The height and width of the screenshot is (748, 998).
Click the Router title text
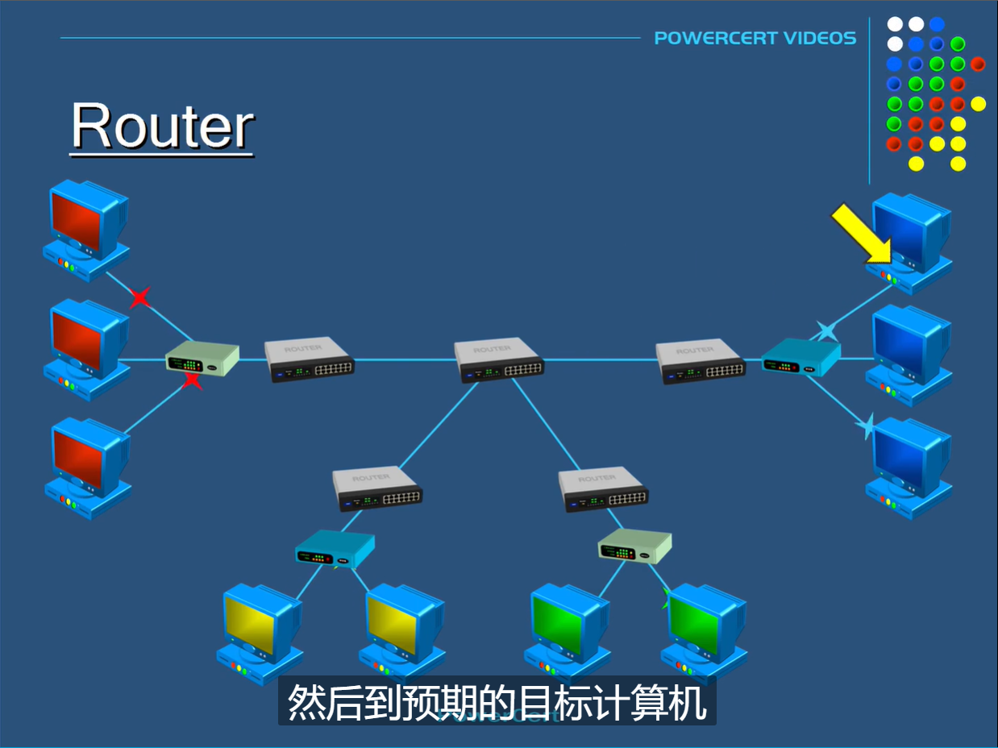click(x=163, y=127)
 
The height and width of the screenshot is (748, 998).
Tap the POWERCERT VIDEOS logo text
click(x=755, y=38)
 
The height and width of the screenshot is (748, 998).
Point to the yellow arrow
click(x=861, y=233)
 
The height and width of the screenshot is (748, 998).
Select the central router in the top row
click(x=498, y=359)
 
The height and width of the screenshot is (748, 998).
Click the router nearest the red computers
click(x=310, y=359)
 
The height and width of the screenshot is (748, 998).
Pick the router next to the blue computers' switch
click(x=699, y=361)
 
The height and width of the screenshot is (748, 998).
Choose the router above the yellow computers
click(x=377, y=488)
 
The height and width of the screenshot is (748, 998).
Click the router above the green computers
click(x=604, y=489)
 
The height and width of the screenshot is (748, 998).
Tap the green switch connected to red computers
click(x=202, y=359)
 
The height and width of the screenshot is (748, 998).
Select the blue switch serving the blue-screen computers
click(x=800, y=357)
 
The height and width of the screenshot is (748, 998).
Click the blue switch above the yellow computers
click(x=334, y=549)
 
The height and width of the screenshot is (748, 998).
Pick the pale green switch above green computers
click(x=634, y=546)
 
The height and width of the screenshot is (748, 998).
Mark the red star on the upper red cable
click(x=140, y=298)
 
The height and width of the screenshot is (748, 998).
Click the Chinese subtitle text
click(x=497, y=702)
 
